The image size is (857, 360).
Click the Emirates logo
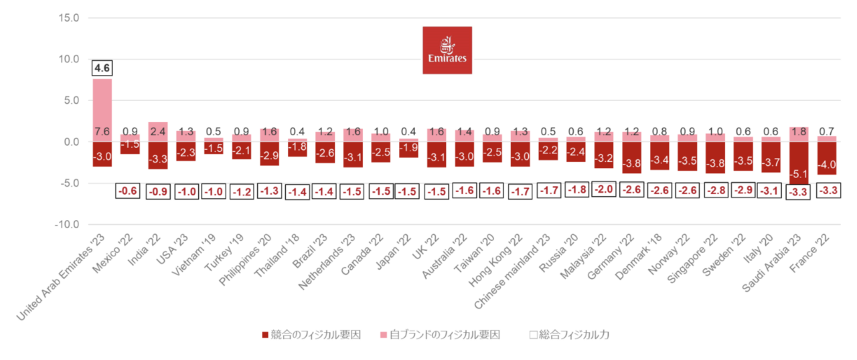447,50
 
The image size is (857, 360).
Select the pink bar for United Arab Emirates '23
102,110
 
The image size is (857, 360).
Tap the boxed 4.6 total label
102,68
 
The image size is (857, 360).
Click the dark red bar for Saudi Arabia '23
799,163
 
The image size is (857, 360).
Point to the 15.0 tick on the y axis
69,18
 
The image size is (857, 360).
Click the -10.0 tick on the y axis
67,224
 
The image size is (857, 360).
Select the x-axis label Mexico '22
112,254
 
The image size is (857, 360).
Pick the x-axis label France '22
809,254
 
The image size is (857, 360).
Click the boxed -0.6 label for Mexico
127,191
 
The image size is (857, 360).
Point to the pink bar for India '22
158,132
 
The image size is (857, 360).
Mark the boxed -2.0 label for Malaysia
604,189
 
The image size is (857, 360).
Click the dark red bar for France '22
827,158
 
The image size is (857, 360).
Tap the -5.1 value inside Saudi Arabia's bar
799,174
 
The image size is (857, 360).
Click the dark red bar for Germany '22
631,157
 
